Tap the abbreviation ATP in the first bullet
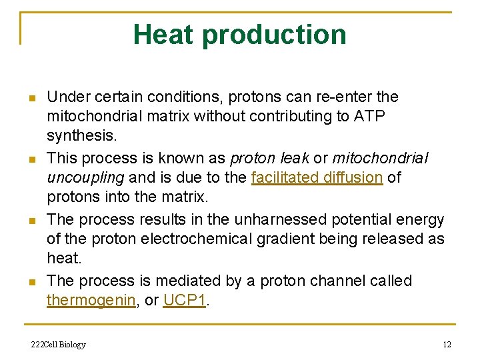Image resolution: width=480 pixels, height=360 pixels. click(x=369, y=117)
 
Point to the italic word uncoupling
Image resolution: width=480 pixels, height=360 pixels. click(x=84, y=177)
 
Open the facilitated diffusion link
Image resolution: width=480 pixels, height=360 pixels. click(x=317, y=177)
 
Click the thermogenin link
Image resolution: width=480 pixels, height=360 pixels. click(x=91, y=300)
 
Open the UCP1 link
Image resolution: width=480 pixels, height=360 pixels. click(x=185, y=300)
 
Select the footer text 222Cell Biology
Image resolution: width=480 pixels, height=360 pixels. click(x=59, y=345)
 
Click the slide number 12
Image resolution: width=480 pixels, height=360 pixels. click(x=447, y=345)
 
